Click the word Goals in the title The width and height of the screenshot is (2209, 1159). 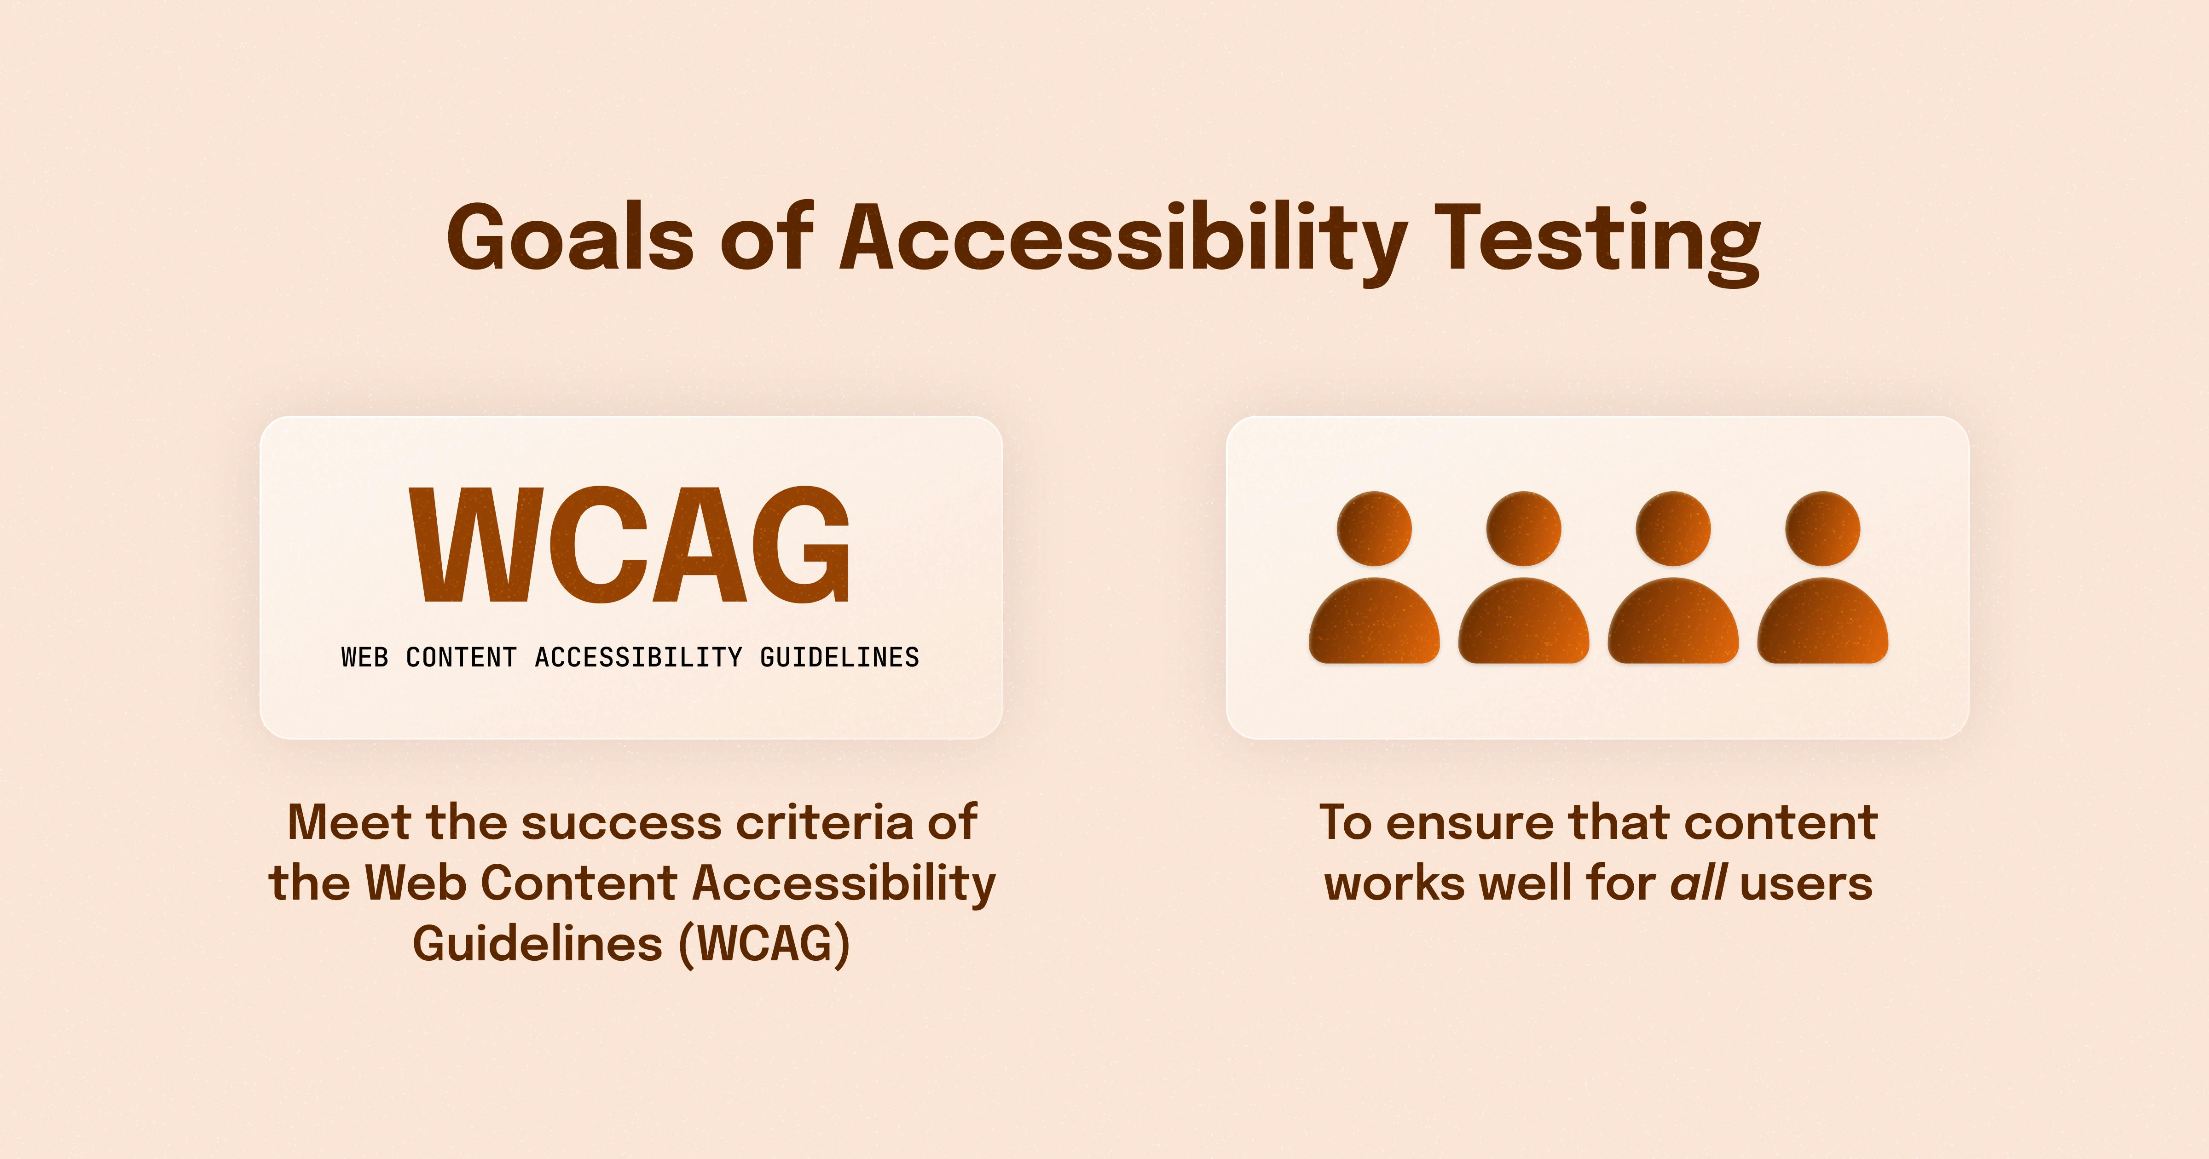point(570,237)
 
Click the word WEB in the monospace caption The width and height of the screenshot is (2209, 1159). point(364,658)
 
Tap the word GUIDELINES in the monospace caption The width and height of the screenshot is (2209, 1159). point(839,658)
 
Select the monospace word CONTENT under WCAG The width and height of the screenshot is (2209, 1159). point(461,658)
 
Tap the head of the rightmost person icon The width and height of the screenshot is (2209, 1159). point(1823,528)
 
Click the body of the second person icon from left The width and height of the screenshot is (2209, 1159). point(1524,620)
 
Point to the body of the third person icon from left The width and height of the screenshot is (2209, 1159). point(1673,620)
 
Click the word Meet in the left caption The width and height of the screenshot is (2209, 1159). point(349,822)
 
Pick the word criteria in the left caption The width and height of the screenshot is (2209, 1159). point(826,822)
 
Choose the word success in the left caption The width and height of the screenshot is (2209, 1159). point(622,825)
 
